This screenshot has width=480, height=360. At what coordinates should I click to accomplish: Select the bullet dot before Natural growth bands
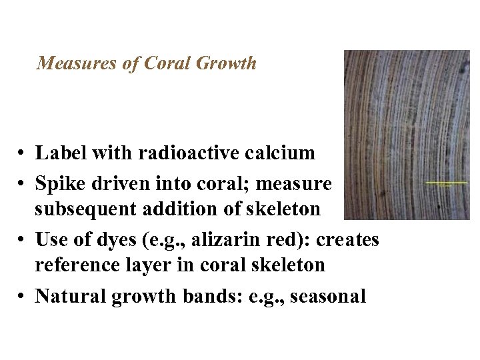(x=23, y=296)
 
